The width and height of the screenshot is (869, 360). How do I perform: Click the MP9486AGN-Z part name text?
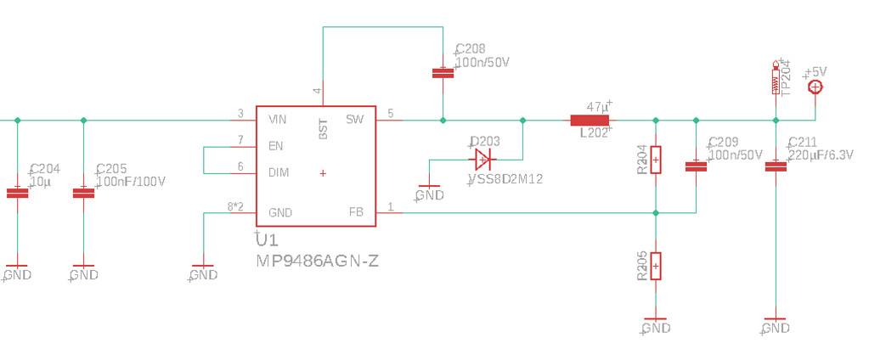[317, 262]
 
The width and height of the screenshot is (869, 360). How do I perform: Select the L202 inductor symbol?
[589, 121]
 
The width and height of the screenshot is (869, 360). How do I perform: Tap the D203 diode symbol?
[482, 159]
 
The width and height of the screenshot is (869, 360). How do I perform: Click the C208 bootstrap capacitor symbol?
[443, 73]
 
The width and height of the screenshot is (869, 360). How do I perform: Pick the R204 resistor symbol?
[655, 160]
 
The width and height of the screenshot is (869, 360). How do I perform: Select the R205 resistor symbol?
[655, 266]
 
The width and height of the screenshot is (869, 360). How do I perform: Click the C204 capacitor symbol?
[17, 193]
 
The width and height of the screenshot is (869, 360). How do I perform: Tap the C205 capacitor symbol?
[83, 193]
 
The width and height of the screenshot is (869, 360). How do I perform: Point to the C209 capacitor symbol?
[697, 166]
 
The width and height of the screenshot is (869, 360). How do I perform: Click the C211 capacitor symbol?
[775, 166]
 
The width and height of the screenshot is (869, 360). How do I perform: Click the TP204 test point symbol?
[775, 79]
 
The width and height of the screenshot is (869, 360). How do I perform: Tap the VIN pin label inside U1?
[277, 120]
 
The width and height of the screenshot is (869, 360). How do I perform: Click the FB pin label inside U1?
[356, 211]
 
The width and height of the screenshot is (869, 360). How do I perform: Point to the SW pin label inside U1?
[354, 120]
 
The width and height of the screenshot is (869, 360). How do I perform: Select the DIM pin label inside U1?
[278, 172]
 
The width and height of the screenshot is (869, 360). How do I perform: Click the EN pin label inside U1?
[275, 146]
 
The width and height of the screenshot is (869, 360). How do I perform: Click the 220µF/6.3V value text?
[820, 155]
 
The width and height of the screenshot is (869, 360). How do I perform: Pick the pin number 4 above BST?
[318, 90]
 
